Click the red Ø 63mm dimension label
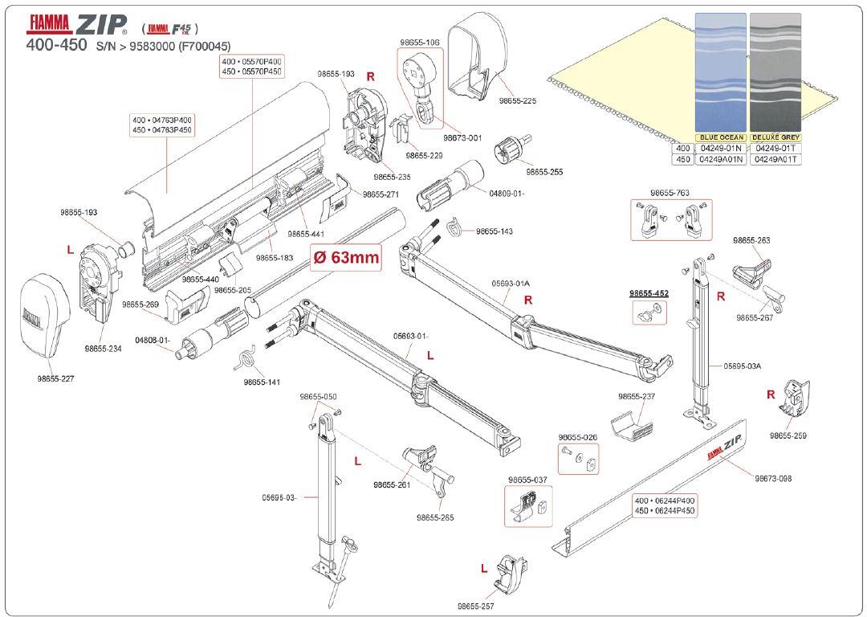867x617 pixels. click(345, 259)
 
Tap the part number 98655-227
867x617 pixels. click(55, 378)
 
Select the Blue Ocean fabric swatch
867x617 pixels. click(720, 72)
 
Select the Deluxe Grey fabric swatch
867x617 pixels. click(775, 72)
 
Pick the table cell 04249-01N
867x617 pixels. click(721, 149)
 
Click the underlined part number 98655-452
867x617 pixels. click(649, 293)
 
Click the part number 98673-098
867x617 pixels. click(772, 478)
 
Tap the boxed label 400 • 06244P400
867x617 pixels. click(665, 501)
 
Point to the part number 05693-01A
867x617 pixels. click(511, 283)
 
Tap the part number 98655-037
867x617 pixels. click(530, 480)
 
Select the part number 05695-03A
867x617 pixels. click(742, 366)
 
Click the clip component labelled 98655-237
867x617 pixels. click(630, 426)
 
